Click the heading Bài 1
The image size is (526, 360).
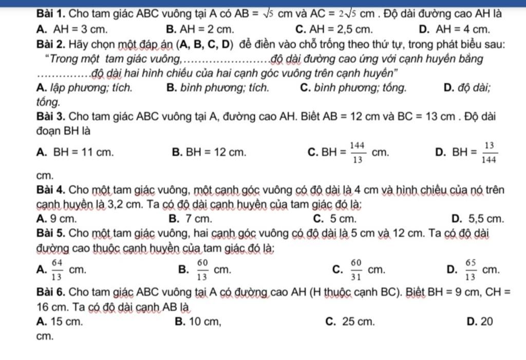pos(51,14)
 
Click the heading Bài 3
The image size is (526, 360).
pos(51,116)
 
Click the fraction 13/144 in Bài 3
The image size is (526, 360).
pos(490,152)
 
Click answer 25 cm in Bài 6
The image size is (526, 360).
pos(358,322)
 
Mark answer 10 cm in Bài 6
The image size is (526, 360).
pos(203,322)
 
